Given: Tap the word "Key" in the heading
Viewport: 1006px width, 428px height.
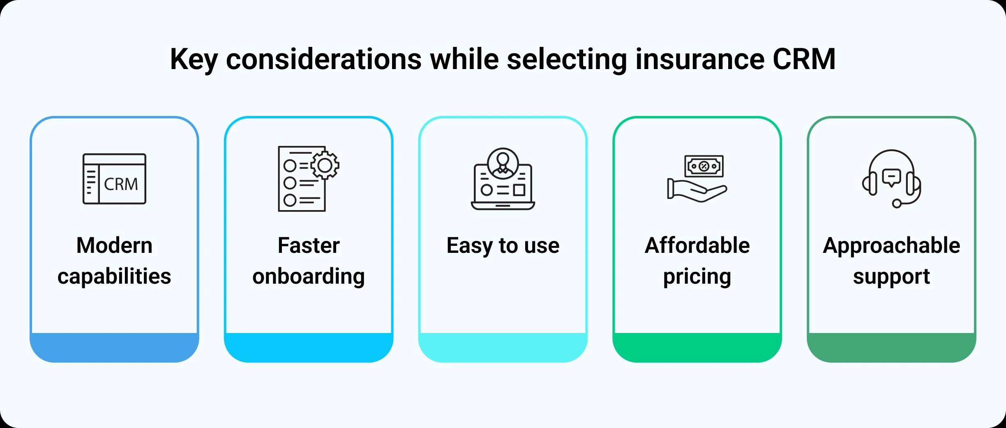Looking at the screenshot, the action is [x=194, y=60].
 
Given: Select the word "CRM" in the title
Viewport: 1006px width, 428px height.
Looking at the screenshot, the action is [x=804, y=59].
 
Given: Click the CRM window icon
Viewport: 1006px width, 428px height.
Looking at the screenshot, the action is [x=114, y=179].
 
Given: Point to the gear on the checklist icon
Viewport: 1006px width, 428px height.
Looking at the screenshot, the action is [x=325, y=165].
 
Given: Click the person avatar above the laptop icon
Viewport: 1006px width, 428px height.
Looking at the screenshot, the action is [x=503, y=164].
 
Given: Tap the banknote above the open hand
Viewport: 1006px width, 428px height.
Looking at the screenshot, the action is [x=704, y=166].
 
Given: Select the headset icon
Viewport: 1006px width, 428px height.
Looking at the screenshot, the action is [x=891, y=178].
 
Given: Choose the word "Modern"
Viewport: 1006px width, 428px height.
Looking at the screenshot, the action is [x=114, y=245].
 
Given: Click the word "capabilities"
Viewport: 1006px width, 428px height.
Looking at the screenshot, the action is [x=114, y=276].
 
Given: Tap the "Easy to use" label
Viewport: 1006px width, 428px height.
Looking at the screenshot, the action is [x=503, y=246].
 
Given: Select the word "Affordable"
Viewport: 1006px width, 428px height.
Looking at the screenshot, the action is [x=697, y=245].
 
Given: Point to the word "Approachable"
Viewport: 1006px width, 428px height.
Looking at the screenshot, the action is [x=891, y=246].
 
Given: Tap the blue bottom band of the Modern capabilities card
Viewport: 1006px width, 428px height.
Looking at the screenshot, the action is [x=114, y=347].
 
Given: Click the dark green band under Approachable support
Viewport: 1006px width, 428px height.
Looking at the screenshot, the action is [x=891, y=347].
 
